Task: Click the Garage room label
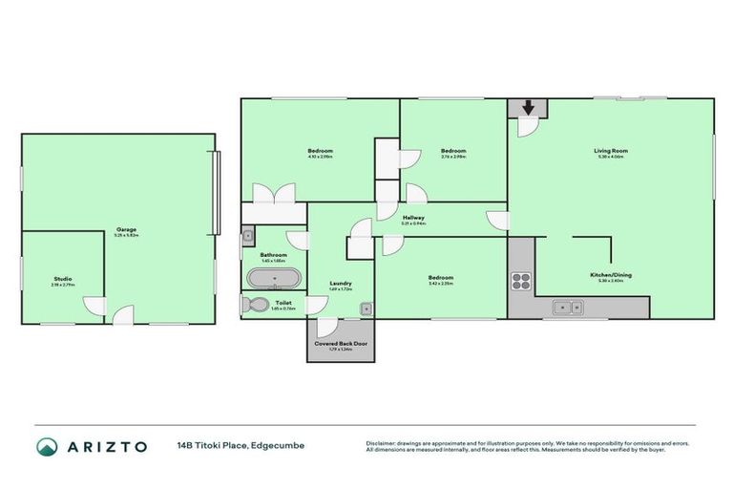[126, 229]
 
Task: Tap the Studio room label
[62, 279]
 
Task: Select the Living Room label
[610, 151]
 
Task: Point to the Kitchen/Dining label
[610, 275]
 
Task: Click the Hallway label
[413, 218]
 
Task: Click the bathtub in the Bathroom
[275, 279]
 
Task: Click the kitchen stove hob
[521, 281]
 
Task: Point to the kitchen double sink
[571, 308]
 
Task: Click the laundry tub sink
[366, 308]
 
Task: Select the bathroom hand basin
[247, 235]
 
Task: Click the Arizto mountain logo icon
[46, 446]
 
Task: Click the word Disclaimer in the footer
[382, 441]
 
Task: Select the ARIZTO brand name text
[106, 446]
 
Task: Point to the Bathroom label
[275, 254]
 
